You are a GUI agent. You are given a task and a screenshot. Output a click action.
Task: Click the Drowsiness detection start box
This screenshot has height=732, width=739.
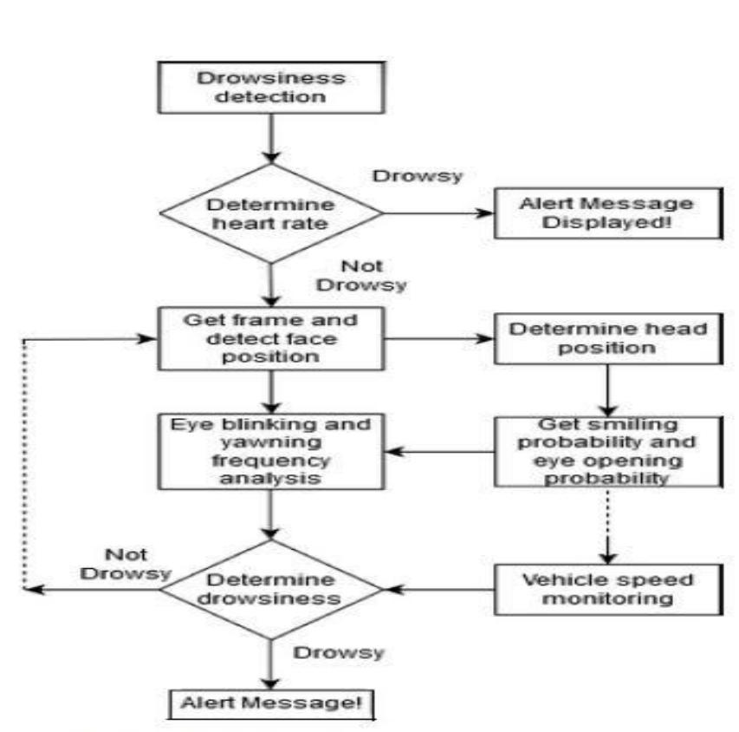[x=271, y=86]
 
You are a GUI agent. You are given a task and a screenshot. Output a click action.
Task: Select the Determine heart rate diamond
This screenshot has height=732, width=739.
[x=271, y=212]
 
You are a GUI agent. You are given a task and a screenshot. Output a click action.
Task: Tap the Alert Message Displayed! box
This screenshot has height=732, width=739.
[x=606, y=212]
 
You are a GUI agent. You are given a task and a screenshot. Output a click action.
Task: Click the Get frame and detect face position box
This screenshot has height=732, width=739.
[x=271, y=338]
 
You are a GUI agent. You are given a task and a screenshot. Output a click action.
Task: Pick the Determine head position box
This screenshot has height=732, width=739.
[x=606, y=339]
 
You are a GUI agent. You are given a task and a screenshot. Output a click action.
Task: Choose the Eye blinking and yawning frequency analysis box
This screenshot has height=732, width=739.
[x=271, y=450]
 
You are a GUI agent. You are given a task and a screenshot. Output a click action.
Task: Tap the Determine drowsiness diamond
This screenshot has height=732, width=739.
[x=271, y=590]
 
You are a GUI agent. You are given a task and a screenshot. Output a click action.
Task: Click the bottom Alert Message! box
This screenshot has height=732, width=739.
[x=271, y=703]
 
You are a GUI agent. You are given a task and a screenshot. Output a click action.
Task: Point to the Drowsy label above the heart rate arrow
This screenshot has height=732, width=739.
[x=418, y=175]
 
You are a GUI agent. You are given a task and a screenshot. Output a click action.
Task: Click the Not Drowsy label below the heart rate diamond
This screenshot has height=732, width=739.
[x=360, y=276]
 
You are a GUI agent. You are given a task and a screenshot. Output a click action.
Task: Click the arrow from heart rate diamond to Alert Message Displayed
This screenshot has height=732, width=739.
[x=438, y=212]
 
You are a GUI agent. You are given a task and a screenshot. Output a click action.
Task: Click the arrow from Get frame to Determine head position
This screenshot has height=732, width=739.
[x=438, y=339]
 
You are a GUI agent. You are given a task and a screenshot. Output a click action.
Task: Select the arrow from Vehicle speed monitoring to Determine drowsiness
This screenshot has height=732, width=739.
[x=438, y=590]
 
